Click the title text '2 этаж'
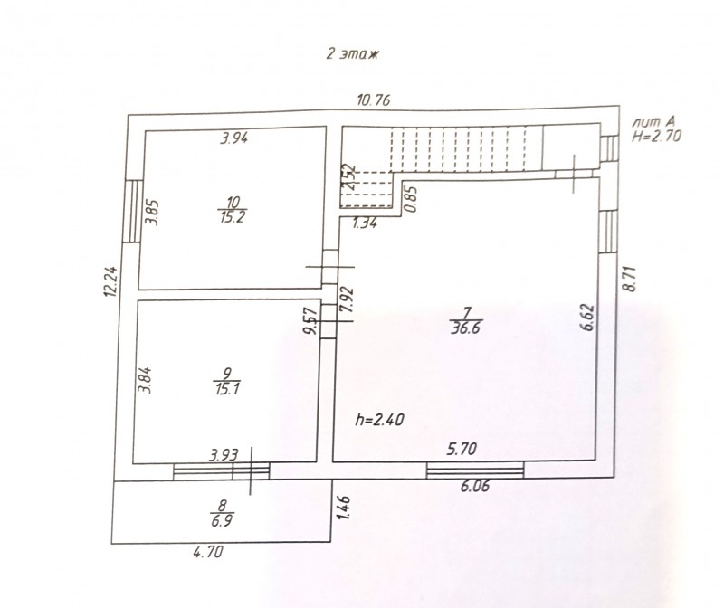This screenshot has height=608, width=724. [353, 54]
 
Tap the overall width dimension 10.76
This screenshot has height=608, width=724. [374, 100]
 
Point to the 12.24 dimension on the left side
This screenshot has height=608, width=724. [110, 281]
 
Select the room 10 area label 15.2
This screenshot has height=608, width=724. [233, 217]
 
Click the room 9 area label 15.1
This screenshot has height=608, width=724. [227, 389]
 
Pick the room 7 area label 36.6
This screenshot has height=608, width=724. [466, 328]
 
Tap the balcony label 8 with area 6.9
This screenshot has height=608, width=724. [222, 513]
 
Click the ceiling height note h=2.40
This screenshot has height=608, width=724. [379, 419]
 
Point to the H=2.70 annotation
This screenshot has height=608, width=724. [656, 137]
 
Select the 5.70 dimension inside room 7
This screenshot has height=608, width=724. [462, 449]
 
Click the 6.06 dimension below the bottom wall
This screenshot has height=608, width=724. [474, 486]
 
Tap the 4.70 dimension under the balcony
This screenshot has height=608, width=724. [208, 551]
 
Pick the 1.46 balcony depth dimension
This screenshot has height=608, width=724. [345, 508]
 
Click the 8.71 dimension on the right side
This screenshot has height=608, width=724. [630, 279]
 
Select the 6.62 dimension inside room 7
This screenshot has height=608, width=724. [587, 318]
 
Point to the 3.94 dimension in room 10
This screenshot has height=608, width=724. [233, 138]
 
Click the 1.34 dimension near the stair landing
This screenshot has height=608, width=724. [365, 223]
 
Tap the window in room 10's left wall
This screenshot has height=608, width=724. [132, 211]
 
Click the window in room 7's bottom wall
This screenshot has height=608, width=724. [475, 470]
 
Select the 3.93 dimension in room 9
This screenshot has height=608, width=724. [224, 456]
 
